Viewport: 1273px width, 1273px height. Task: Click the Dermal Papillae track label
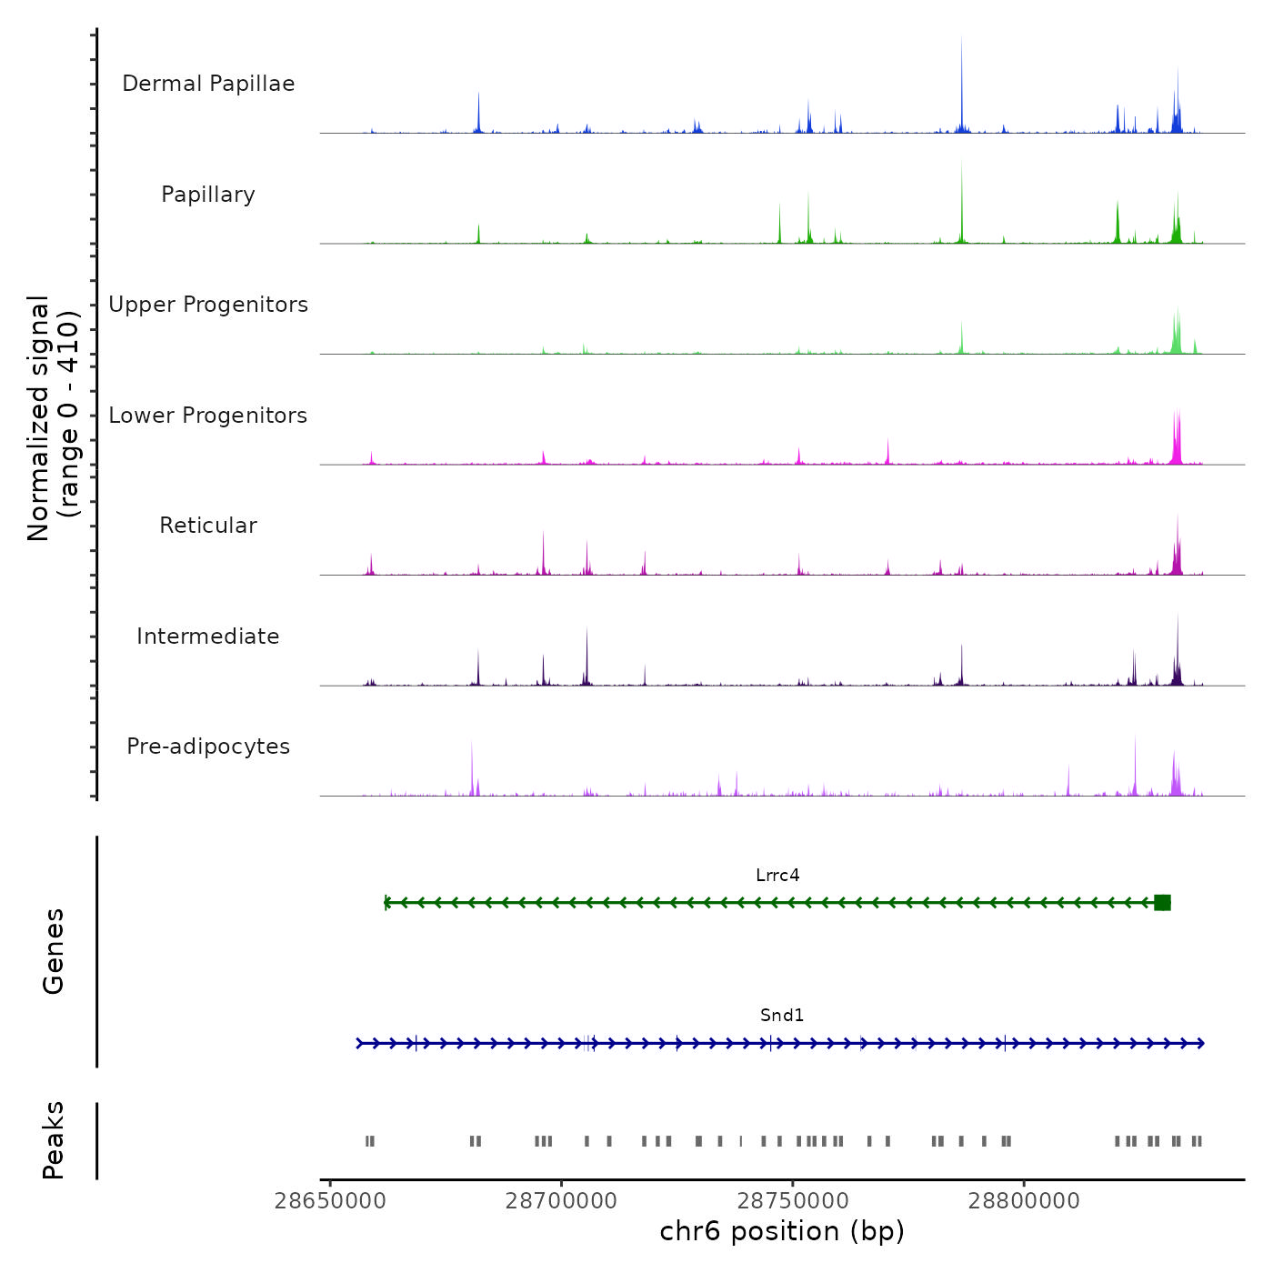(208, 84)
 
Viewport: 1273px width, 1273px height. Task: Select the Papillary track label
(208, 195)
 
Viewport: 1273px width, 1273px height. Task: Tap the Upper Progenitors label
(208, 305)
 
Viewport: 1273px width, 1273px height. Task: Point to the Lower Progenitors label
(208, 416)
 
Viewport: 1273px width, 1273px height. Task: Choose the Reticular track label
(208, 526)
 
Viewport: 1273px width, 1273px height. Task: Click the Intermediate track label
(208, 636)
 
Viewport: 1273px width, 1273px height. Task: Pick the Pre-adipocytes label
(208, 747)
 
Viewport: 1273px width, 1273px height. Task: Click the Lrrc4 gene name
(777, 876)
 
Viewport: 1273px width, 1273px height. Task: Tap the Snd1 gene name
(782, 1016)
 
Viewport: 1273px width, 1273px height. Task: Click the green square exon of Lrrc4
(1162, 902)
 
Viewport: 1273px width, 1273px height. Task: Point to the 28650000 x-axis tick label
(330, 1201)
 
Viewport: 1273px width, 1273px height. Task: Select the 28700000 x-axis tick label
(561, 1201)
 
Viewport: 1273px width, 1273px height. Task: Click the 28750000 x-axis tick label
(793, 1201)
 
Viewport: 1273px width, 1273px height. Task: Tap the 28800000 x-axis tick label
(1024, 1201)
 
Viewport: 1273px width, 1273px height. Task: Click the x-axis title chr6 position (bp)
(782, 1231)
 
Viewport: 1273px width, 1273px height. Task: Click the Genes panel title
(54, 950)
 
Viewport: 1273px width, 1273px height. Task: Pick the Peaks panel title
(54, 1140)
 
